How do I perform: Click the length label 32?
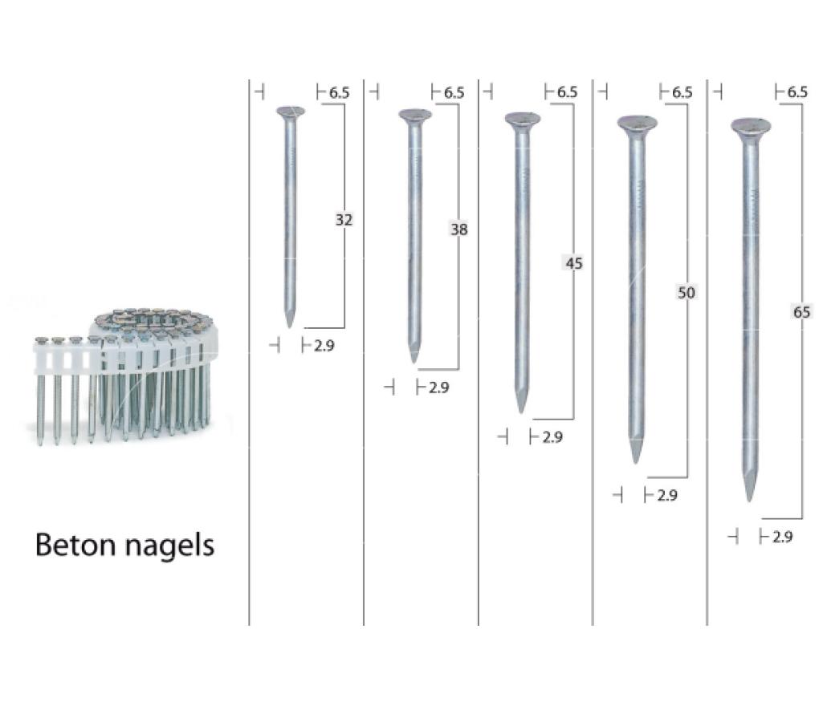344,220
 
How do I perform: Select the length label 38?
459,229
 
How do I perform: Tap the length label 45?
574,263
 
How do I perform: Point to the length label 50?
687,292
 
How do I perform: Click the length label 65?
802,312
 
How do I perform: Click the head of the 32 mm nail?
291,112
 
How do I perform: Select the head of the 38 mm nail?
415,115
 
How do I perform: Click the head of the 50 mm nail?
638,123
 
